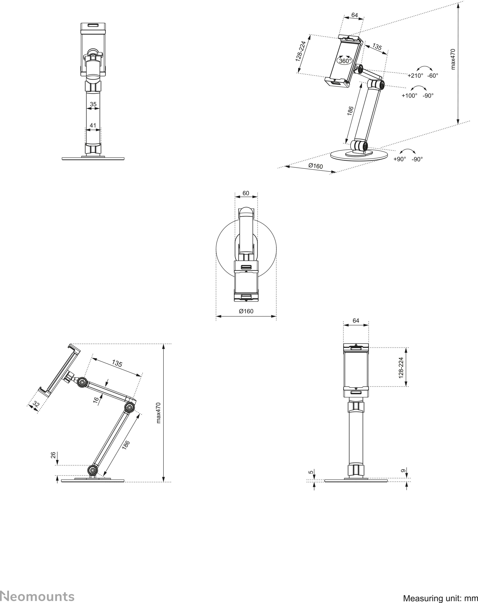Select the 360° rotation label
(345, 61)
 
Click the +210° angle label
(415, 75)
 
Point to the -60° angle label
(433, 75)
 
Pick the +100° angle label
(409, 96)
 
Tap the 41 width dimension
(93, 125)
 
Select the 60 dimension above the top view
(246, 193)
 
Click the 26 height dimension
(53, 455)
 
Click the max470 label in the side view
(159, 413)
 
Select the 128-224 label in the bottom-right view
(401, 368)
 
